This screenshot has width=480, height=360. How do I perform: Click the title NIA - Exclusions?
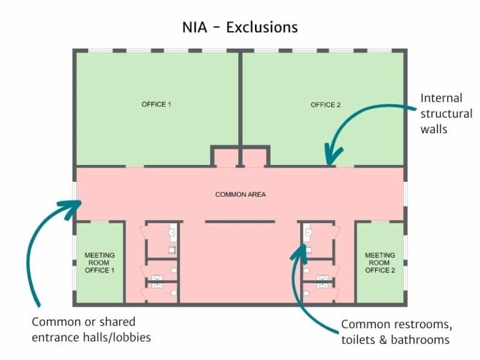239,27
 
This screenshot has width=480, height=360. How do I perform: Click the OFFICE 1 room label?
156,104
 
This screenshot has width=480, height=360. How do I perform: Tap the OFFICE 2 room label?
326,104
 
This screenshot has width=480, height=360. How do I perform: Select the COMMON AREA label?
241,194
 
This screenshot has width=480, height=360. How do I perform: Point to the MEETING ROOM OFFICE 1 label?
100,262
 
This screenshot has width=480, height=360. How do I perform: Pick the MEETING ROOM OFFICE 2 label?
380,262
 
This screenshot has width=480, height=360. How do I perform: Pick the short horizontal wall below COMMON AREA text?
240,221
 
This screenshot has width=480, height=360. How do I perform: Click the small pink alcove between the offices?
240,157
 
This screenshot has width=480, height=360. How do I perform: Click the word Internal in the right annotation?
441,98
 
